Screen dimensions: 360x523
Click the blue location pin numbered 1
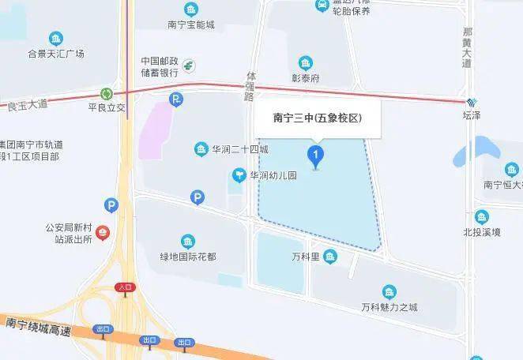tap(316, 154)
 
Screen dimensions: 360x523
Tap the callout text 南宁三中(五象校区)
tap(317, 118)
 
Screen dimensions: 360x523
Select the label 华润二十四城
tap(240, 149)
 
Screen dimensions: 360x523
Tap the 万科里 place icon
tap(329, 256)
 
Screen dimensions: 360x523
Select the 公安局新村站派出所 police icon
tap(103, 233)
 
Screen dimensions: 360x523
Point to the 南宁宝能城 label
tap(190, 24)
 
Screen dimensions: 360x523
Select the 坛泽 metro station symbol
tap(472, 102)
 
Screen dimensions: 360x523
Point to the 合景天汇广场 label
tap(56, 54)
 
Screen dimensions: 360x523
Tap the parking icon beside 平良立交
tap(176, 99)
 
